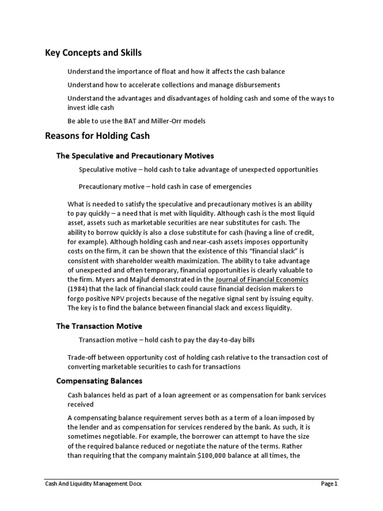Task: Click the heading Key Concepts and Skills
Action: (x=93, y=53)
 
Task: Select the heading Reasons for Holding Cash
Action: (x=97, y=135)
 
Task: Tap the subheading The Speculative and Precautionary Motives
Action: (x=135, y=156)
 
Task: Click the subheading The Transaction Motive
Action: (x=99, y=326)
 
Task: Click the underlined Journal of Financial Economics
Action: (x=262, y=279)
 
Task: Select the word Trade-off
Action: (x=82, y=357)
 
